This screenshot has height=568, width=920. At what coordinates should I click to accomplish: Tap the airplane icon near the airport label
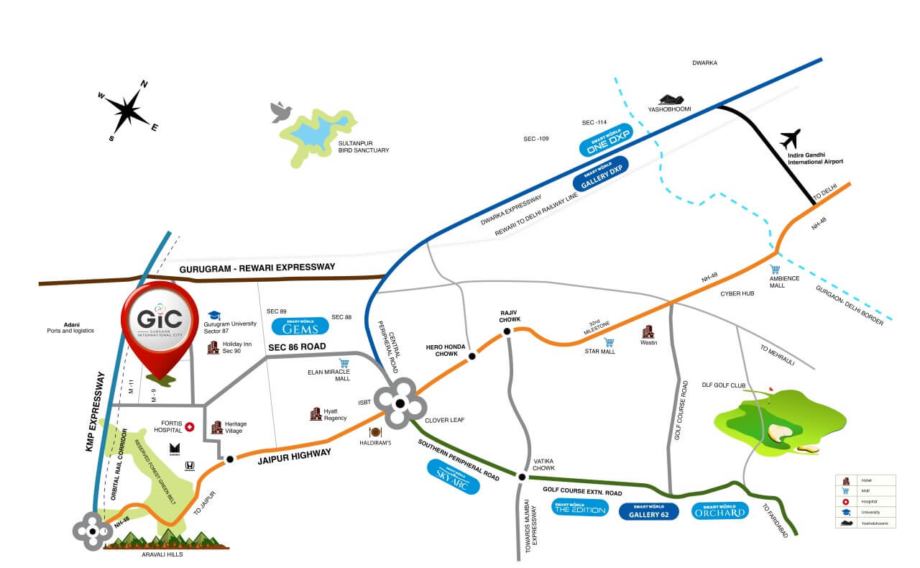[x=790, y=138]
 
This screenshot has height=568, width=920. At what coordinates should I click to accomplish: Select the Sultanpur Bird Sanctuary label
[x=363, y=147]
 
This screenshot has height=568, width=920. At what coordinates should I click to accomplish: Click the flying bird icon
[x=281, y=111]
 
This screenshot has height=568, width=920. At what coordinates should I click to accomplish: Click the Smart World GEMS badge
[x=300, y=326]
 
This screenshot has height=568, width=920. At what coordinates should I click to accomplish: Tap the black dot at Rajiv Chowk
[x=507, y=331]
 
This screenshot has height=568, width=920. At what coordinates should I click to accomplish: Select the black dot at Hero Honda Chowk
[x=472, y=356]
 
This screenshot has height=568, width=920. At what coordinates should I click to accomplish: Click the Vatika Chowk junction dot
[x=521, y=475]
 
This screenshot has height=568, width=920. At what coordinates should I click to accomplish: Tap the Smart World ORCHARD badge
[x=720, y=511]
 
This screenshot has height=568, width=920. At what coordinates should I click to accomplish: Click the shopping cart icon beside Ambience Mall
[x=775, y=270]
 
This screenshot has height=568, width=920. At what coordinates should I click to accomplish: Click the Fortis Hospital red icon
[x=190, y=427]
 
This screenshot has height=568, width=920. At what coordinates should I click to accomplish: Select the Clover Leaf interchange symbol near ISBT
[x=400, y=403]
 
